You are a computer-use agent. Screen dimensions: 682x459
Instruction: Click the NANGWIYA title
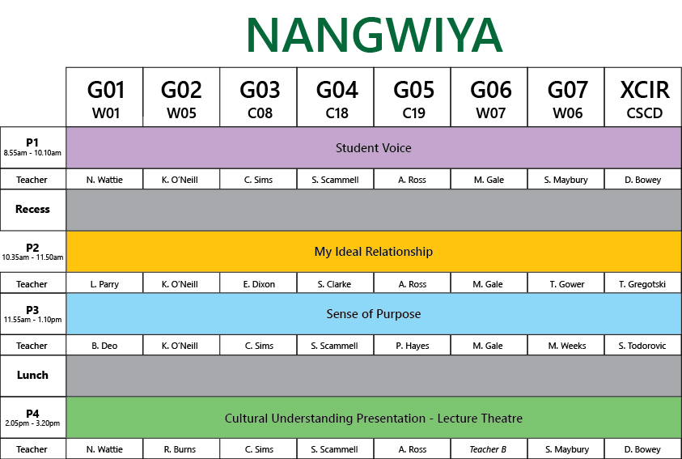(375, 36)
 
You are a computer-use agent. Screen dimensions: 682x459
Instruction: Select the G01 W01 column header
(104, 97)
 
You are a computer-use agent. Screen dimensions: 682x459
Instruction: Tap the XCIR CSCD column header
(643, 97)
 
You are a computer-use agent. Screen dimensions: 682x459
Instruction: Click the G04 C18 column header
(336, 97)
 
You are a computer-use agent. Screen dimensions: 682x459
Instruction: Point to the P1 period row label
(32, 147)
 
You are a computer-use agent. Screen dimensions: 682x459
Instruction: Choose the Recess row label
(32, 210)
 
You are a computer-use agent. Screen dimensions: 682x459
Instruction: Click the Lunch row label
(32, 376)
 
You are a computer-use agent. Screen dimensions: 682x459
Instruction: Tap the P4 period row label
(32, 417)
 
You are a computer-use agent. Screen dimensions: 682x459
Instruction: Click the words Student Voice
(374, 148)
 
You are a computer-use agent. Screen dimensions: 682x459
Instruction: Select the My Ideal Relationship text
(374, 252)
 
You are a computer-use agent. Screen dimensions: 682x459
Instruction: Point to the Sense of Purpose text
(374, 313)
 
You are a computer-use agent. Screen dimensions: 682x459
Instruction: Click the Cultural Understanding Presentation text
(325, 418)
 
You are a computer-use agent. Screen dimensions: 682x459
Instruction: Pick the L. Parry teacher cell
(104, 284)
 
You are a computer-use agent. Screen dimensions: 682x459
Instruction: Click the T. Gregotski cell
(643, 284)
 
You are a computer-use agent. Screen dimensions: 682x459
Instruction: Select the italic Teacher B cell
(489, 449)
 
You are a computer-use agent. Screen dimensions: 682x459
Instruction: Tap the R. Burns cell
(181, 449)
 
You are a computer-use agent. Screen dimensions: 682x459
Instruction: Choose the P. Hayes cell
(413, 346)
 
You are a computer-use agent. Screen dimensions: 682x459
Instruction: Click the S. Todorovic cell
(643, 346)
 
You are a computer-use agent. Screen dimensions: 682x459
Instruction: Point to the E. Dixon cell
(258, 284)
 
